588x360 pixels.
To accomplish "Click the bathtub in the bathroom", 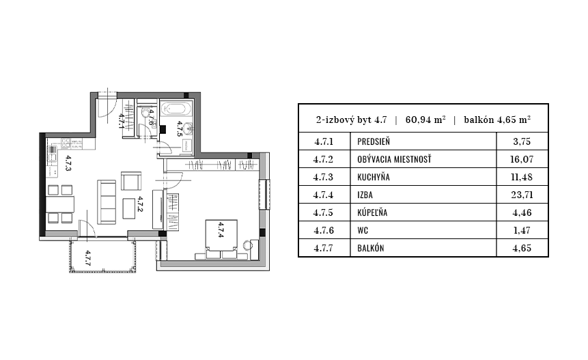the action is tap(176, 109).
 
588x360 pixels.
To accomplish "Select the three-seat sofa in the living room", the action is tap(107, 202).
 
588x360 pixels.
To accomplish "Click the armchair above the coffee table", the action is tap(131, 181).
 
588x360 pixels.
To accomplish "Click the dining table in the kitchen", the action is tap(60, 204).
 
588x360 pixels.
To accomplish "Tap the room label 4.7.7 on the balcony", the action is tap(87, 258).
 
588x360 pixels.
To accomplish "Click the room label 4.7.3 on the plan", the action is tap(68, 163).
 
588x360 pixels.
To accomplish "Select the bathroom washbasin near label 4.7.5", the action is tap(188, 128).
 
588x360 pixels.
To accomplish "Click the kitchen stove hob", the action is tap(66, 143).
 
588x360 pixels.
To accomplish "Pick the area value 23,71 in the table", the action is tap(522, 195).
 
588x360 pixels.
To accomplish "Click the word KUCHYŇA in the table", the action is tap(373, 177).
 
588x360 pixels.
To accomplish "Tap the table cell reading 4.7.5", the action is tap(324, 212).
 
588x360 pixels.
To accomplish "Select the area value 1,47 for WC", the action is tap(522, 230).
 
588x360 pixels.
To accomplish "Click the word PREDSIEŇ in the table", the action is tap(374, 142).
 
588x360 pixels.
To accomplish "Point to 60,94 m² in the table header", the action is tap(425, 120).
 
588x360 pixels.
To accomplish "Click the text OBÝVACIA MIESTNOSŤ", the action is tap(394, 159).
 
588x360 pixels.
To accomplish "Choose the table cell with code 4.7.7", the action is tap(324, 248).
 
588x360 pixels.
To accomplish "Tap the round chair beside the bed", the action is tap(247, 245).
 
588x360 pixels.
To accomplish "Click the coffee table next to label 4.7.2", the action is tap(129, 208).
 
